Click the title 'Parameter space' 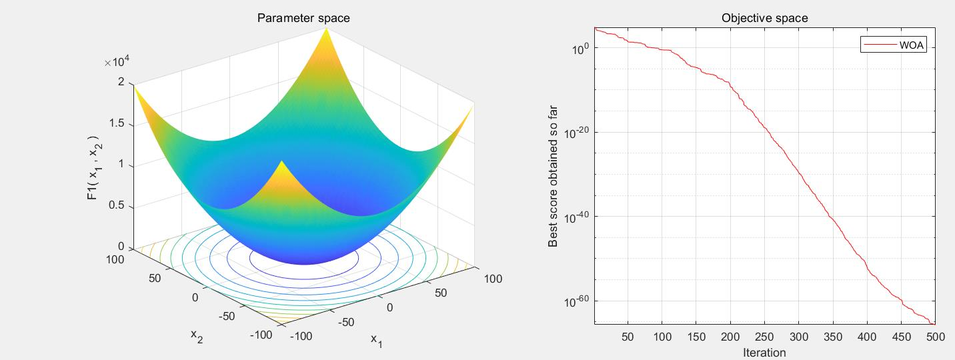click(303, 18)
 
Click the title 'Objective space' click(764, 18)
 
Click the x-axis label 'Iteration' click(764, 353)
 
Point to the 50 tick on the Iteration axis click(628, 337)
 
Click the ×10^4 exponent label click(117, 63)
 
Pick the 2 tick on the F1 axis click(121, 83)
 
